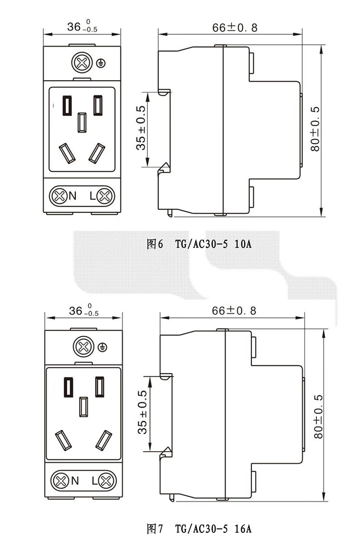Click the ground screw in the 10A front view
coord(81,63)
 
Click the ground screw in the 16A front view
coord(83,346)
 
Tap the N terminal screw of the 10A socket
coord(60,196)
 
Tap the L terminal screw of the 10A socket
coord(104,196)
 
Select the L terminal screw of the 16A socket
coord(106,480)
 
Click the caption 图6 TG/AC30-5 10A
coord(199,244)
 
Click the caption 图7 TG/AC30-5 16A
coord(199,529)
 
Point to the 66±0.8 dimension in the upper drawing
coord(235,27)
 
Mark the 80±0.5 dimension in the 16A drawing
coord(318,416)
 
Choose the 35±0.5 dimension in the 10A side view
coord(141,128)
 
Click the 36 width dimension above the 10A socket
coord(82,27)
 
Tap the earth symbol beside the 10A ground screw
coord(101,63)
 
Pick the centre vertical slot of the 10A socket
coord(82,122)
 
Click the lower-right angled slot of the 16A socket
coord(104,439)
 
